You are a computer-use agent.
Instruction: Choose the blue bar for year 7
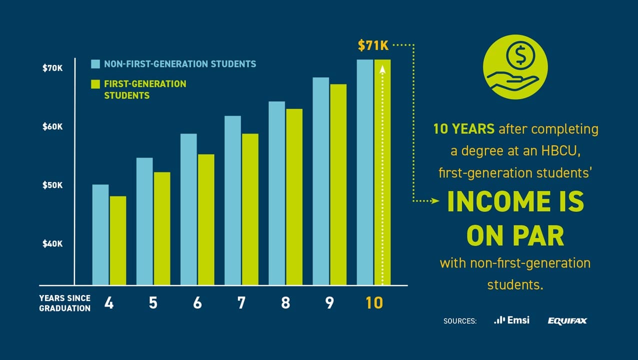coord(232,200)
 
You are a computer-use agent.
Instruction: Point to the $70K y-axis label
coord(52,68)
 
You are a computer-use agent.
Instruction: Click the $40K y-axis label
coord(52,244)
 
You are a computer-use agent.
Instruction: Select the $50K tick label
coord(52,185)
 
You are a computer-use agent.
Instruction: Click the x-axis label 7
coord(241,303)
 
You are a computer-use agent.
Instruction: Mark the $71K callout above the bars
coord(373,46)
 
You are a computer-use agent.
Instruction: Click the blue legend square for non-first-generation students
coord(95,64)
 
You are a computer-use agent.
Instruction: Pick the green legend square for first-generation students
coord(95,84)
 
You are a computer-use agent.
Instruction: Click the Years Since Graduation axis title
coord(65,303)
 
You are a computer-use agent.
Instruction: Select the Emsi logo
coord(511,320)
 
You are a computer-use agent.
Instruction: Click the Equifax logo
coord(567,321)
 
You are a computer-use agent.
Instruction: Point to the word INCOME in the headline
coord(500,202)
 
